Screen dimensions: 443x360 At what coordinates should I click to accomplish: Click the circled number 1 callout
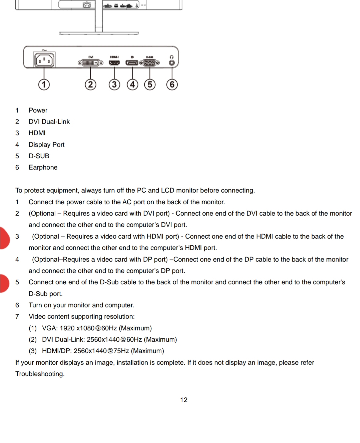pos(44,84)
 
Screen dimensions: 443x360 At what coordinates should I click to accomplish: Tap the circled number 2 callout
pos(90,84)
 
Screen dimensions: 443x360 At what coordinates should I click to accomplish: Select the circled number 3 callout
pos(114,84)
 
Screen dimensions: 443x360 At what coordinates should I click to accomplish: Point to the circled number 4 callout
pos(132,84)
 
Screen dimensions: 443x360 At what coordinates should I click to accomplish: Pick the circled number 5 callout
pos(150,84)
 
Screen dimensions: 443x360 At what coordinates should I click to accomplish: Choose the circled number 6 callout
pos(172,84)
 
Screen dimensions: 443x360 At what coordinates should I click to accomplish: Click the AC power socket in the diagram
pos(44,61)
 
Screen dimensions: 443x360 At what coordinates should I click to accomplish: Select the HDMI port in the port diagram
pos(114,63)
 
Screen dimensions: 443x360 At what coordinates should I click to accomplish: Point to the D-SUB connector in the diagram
pos(150,63)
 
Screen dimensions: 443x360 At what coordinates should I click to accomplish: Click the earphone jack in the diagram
pos(172,63)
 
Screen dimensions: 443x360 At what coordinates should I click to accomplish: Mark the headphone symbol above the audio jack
pos(172,57)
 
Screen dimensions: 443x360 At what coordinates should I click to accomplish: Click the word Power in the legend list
pos(38,110)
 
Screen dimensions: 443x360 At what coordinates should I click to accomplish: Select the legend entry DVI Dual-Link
pos(49,122)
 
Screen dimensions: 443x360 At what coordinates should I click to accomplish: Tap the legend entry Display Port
pos(46,145)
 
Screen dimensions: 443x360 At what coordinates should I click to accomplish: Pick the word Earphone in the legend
pos(43,167)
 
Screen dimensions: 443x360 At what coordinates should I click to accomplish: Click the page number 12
pos(184,400)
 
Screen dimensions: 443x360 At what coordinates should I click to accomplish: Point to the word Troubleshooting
pos(40,374)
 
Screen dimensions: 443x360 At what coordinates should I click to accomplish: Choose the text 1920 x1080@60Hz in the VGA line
pos(88,328)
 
